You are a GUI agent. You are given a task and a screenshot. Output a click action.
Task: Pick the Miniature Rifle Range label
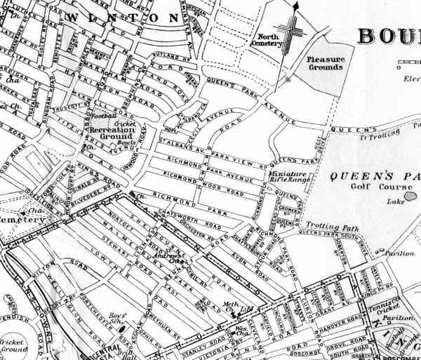[289, 178]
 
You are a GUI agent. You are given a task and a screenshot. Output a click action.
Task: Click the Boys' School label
[118, 318]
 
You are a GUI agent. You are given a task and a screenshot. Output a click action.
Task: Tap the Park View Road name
[234, 155]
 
